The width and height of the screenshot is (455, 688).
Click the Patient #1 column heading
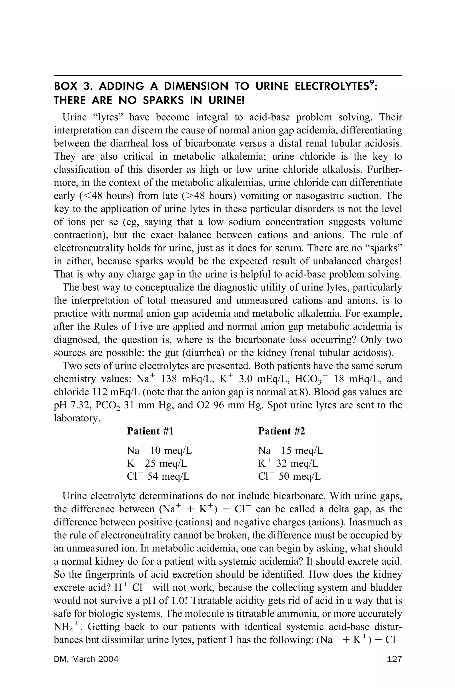[x=150, y=431]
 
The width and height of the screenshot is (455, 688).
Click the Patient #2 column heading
[x=281, y=431]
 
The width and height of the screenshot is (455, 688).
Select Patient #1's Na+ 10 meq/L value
[x=159, y=451]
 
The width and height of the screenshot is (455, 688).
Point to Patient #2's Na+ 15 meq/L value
[x=290, y=451]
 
